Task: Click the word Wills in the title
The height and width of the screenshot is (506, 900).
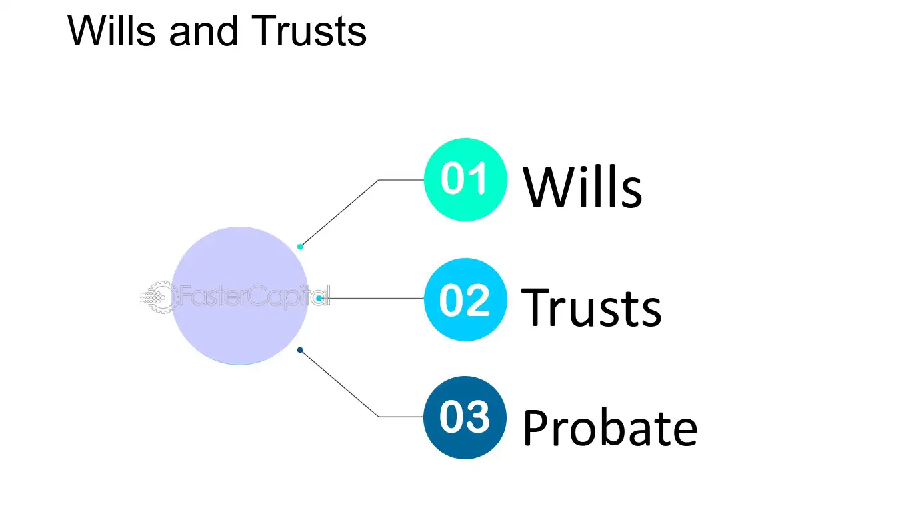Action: (x=111, y=31)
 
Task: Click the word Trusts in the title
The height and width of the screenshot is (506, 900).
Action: (x=309, y=31)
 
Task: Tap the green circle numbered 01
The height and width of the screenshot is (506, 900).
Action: (x=465, y=179)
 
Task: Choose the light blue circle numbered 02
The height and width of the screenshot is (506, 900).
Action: (x=465, y=299)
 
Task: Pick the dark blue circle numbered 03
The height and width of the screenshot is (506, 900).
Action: (x=465, y=417)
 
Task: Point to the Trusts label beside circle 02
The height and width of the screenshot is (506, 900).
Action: (x=591, y=308)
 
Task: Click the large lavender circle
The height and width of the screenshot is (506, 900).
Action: (x=240, y=296)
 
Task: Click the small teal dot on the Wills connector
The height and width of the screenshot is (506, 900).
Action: (x=300, y=247)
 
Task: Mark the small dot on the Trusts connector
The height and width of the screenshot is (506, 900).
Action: (x=319, y=298)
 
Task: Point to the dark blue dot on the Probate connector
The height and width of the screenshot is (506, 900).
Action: (x=300, y=350)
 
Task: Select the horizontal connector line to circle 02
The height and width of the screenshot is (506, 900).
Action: (x=371, y=298)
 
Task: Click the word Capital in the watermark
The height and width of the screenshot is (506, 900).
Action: (x=289, y=297)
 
